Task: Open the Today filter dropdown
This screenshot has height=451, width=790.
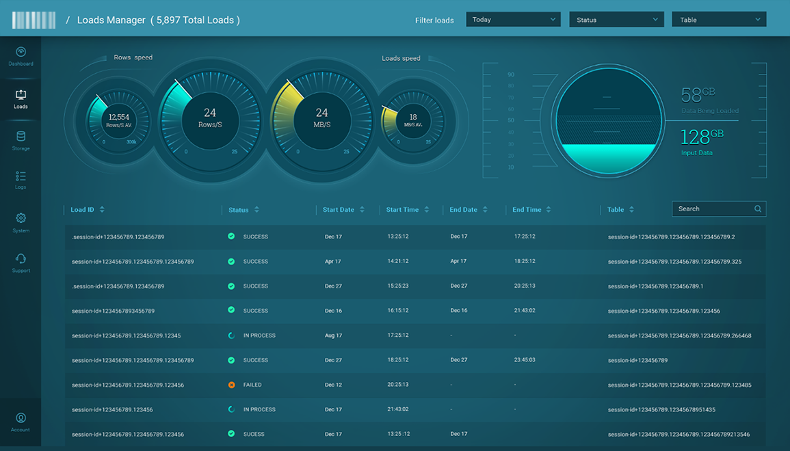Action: (x=513, y=20)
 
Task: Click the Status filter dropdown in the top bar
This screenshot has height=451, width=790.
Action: (x=616, y=20)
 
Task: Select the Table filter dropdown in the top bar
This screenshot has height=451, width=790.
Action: (x=719, y=20)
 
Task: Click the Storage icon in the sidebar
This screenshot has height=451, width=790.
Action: (x=21, y=137)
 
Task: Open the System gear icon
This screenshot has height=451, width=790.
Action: (x=21, y=219)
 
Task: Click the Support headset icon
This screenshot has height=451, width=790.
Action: (x=21, y=259)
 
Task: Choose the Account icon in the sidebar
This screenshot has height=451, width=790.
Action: (x=21, y=418)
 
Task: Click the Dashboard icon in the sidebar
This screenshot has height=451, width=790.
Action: (x=21, y=53)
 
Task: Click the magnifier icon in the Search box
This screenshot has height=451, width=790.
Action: (x=758, y=209)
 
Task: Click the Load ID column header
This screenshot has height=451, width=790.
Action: (x=83, y=210)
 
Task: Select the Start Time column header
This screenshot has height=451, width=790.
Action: (x=402, y=210)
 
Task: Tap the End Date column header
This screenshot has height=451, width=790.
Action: (x=463, y=210)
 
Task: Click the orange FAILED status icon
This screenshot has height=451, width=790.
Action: (x=231, y=385)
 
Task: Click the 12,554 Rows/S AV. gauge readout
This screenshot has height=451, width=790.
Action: (x=119, y=120)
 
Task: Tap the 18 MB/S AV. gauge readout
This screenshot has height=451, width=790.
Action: (x=413, y=119)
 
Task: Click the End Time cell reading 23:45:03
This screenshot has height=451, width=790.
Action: (x=525, y=359)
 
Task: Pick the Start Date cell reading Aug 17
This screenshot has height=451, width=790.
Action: (x=333, y=336)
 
